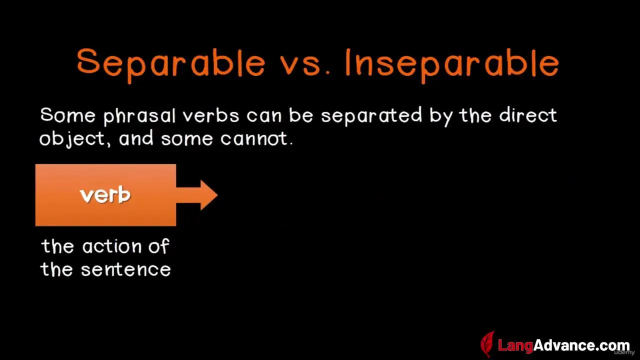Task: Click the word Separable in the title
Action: (171, 65)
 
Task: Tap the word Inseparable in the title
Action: (452, 65)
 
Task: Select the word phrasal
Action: (139, 116)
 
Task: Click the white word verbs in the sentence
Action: (211, 115)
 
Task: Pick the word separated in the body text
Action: (371, 116)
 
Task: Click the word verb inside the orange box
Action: (105, 195)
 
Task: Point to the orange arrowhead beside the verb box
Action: (209, 195)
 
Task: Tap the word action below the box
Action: (112, 246)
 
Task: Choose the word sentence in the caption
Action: (126, 269)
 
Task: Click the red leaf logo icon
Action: (488, 344)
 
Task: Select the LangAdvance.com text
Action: (563, 345)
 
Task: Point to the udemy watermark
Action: (624, 352)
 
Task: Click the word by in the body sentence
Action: (441, 116)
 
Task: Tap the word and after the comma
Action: (136, 138)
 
